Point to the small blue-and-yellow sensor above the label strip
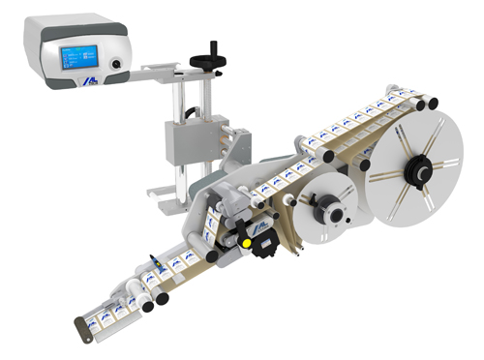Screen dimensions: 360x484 [155, 262]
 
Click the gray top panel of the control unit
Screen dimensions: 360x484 [73, 25]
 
